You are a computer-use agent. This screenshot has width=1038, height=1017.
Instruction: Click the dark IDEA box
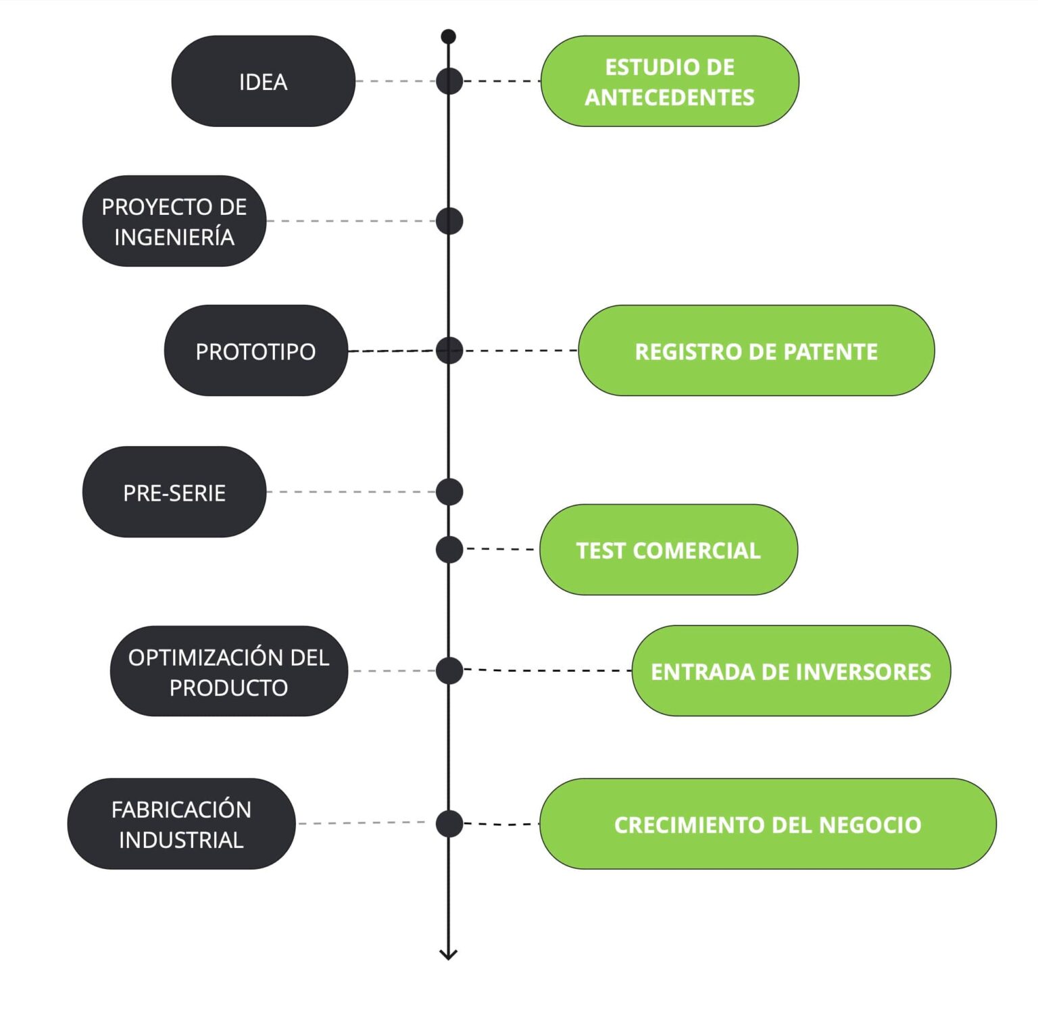click(x=263, y=81)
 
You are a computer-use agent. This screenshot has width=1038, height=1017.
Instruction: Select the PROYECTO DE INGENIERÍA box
click(x=174, y=221)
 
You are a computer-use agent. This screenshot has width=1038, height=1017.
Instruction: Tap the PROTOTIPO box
click(x=255, y=351)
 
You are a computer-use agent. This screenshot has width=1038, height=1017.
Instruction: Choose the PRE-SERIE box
click(x=174, y=492)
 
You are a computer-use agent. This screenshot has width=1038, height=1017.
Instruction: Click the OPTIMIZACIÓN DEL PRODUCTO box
click(x=228, y=671)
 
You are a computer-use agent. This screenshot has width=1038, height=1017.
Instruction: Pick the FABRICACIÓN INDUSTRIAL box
click(x=181, y=824)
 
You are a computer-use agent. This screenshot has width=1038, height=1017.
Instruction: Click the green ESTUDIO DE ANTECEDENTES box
click(x=669, y=81)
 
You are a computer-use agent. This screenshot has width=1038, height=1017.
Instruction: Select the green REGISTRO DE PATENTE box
click(x=756, y=351)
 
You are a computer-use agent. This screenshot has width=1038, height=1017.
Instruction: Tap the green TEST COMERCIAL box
click(x=668, y=549)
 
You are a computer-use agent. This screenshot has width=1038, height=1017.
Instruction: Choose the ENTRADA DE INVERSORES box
click(x=791, y=671)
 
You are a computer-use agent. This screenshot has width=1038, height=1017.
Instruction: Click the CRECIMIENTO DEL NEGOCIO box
click(x=767, y=824)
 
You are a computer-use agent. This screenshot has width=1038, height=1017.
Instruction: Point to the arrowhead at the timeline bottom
click(x=448, y=953)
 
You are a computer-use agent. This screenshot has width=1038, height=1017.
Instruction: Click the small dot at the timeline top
click(x=448, y=36)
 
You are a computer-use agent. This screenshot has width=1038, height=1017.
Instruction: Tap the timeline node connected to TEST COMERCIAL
click(x=449, y=549)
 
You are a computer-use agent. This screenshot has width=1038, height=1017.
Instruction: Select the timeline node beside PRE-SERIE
click(x=449, y=492)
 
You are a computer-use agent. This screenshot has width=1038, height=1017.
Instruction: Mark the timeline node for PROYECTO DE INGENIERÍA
click(x=449, y=221)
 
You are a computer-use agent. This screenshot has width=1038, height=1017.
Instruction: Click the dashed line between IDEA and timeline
click(x=395, y=81)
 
